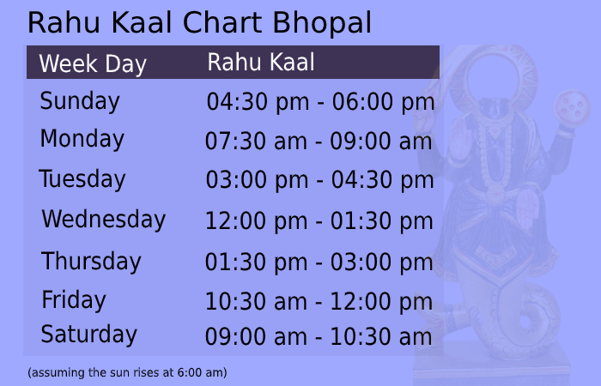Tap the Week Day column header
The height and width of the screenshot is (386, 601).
click(93, 64)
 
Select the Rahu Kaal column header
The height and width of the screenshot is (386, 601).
click(261, 63)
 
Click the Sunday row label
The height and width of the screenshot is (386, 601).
click(80, 101)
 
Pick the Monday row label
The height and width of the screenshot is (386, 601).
click(82, 139)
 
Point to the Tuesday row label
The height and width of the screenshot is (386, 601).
click(82, 179)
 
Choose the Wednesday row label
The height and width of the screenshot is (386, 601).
click(103, 220)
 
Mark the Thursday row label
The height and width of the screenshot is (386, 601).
click(91, 261)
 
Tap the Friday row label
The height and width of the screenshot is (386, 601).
click(74, 300)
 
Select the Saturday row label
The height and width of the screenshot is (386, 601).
click(89, 335)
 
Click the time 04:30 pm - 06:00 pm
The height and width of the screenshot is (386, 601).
click(320, 103)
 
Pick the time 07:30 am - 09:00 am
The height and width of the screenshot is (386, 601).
click(319, 142)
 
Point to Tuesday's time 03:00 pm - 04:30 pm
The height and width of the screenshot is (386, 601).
click(319, 181)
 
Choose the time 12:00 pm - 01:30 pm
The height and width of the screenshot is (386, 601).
click(319, 221)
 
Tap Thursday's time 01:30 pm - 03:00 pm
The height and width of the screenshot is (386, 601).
click(319, 262)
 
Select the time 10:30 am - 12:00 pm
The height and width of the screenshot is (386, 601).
click(319, 302)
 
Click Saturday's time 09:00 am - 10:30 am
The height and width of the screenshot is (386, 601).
click(319, 337)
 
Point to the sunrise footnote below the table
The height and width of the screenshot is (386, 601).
click(127, 373)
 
